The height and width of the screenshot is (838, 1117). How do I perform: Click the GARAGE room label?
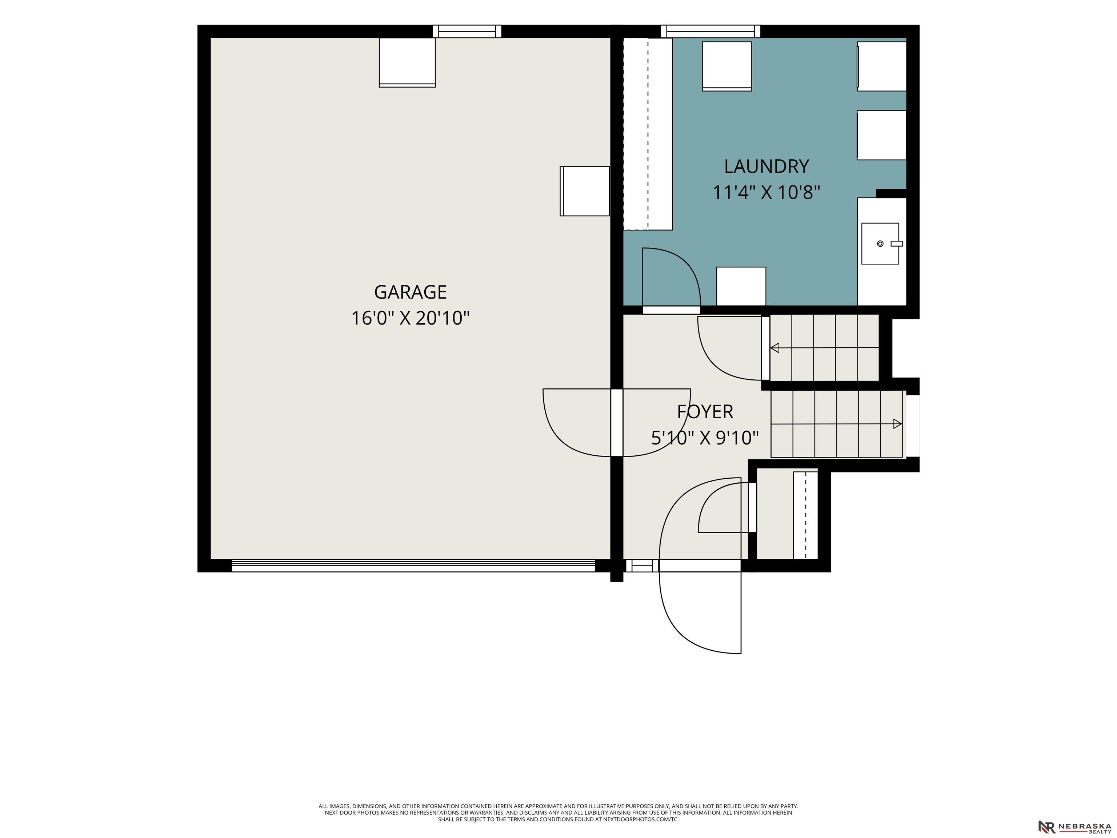pyautogui.click(x=410, y=292)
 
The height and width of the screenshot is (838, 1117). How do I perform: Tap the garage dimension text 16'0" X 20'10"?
pyautogui.click(x=410, y=318)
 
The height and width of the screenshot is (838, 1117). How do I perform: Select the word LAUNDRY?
pyautogui.click(x=766, y=166)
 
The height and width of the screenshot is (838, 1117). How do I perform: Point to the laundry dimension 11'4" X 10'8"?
pyautogui.click(x=766, y=192)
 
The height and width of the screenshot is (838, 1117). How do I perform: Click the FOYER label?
pyautogui.click(x=705, y=412)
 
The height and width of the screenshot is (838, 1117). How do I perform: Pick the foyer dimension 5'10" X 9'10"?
pyautogui.click(x=705, y=438)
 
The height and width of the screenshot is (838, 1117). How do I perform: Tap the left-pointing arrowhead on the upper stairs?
pyautogui.click(x=774, y=348)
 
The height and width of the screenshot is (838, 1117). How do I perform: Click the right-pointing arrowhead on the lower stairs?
pyautogui.click(x=897, y=424)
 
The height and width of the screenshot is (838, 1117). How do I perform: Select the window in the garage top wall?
pyautogui.click(x=467, y=31)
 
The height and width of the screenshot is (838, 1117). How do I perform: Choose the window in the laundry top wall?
pyautogui.click(x=710, y=31)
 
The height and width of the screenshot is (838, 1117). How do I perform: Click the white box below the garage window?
pyautogui.click(x=407, y=62)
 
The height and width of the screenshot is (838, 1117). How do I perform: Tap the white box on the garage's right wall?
pyautogui.click(x=585, y=191)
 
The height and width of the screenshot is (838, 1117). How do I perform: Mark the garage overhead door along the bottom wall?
pyautogui.click(x=413, y=565)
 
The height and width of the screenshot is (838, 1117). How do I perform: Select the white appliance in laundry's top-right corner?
pyautogui.click(x=882, y=66)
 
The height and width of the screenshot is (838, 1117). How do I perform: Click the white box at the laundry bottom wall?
pyautogui.click(x=741, y=286)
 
